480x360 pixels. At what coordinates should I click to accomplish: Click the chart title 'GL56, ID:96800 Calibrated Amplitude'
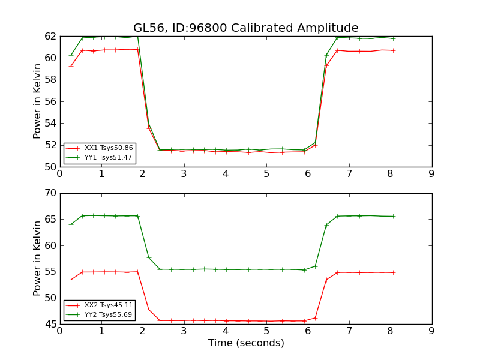pyautogui.click(x=245, y=28)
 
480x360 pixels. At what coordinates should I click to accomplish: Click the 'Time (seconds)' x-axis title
pyautogui.click(x=246, y=343)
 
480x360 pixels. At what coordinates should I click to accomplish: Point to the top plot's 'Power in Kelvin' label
pyautogui.click(x=38, y=101)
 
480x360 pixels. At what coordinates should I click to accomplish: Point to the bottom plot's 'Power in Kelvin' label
pyautogui.click(x=38, y=258)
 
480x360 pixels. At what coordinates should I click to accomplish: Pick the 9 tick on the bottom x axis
pyautogui.click(x=431, y=331)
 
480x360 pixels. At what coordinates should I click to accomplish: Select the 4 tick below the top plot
pyautogui.click(x=226, y=174)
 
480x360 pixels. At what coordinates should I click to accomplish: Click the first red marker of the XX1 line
pyautogui.click(x=71, y=66)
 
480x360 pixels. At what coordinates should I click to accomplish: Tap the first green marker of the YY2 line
pyautogui.click(x=71, y=224)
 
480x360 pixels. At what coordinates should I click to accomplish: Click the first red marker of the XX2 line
pyautogui.click(x=71, y=280)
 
